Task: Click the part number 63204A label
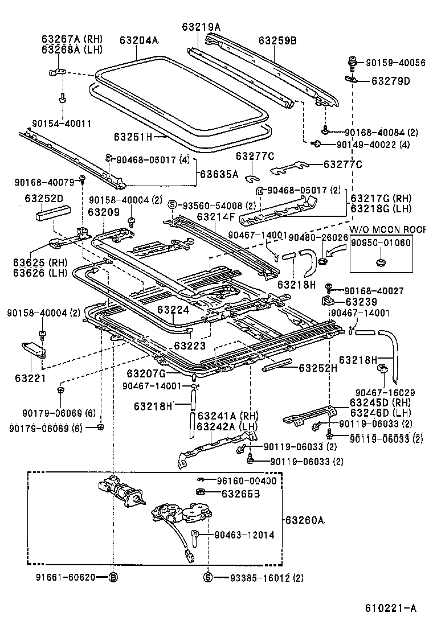point(138,40)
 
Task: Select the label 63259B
point(277,40)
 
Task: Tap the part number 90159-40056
point(395,63)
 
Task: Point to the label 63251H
point(133,137)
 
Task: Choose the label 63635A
point(219,175)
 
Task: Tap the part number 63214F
point(216,217)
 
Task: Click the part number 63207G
point(146,373)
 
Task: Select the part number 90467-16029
point(385,392)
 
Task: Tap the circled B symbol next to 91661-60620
point(113,577)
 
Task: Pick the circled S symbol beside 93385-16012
point(208,578)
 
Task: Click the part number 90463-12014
point(244,535)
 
